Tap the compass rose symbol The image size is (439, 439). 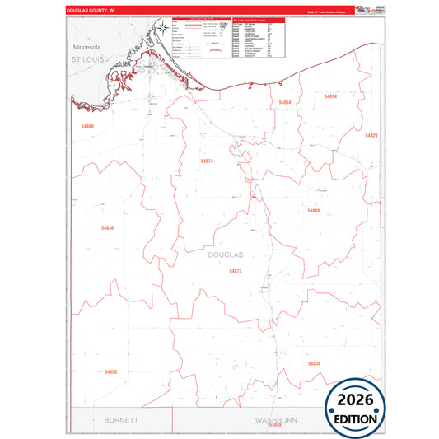click(163, 29)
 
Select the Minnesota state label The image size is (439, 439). click(85, 48)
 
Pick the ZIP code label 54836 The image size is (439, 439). click(107, 227)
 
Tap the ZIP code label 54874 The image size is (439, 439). click(207, 161)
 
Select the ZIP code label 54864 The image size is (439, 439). click(285, 103)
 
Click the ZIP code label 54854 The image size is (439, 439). click(330, 97)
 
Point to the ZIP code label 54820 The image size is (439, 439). click(371, 135)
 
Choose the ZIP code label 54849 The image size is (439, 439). click(313, 211)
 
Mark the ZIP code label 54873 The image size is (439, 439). click(236, 271)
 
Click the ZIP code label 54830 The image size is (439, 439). click(110, 372)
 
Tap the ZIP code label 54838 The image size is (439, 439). click(313, 363)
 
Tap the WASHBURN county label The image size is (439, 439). click(278, 419)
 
